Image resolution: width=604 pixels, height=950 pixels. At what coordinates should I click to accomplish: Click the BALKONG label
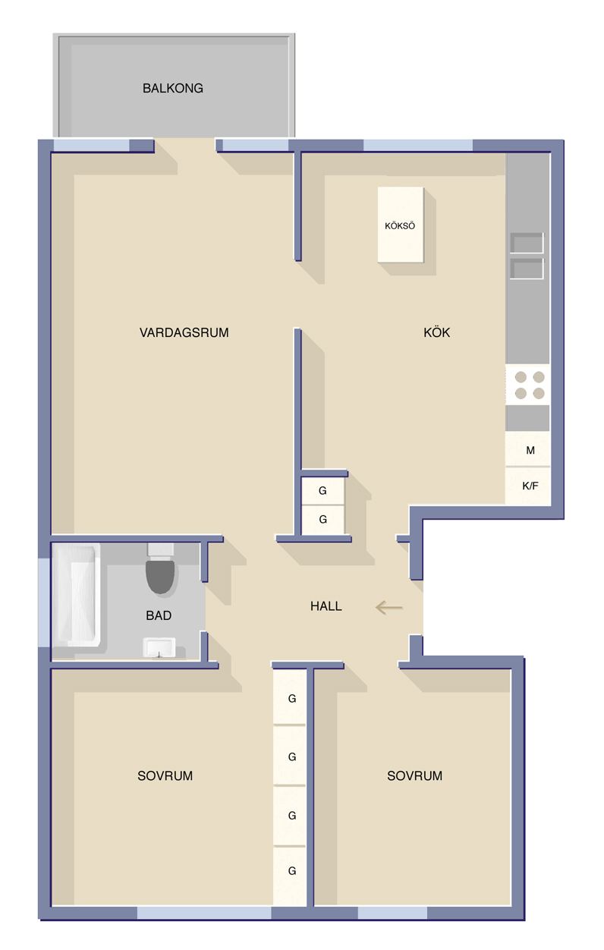pos(173,88)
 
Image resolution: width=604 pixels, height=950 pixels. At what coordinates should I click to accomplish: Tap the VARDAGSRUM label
pos(184,332)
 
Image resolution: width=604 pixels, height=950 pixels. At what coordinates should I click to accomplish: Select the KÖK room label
pos(436,332)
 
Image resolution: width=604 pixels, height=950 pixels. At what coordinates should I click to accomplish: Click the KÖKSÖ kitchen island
pos(401,225)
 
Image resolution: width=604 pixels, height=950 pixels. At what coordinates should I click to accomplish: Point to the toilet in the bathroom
pos(160,568)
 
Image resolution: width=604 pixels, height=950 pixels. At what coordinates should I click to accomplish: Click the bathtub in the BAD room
pos(77,595)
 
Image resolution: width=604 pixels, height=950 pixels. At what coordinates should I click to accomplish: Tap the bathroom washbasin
pos(159,647)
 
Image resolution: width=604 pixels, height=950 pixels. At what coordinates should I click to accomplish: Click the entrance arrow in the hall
pos(389,608)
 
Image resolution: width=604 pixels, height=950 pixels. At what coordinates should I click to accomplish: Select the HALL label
pos(326,606)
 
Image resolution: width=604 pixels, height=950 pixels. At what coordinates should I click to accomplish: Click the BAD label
pos(159,615)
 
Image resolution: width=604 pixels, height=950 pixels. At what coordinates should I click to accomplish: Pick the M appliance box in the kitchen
pos(527,449)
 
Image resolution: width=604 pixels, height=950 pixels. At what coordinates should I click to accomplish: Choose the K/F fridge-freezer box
pos(527,486)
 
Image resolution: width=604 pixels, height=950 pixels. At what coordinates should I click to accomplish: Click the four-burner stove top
pos(527,385)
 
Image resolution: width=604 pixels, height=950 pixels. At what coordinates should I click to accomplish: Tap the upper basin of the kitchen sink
pos(527,243)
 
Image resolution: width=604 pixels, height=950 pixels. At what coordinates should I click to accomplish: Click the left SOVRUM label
pos(165,776)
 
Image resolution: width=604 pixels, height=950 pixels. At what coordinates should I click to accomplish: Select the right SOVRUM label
pos(414,776)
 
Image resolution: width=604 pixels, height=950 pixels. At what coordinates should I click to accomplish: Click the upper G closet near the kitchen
pos(322,491)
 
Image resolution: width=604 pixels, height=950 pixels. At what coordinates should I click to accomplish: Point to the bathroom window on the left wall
pos(44,602)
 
